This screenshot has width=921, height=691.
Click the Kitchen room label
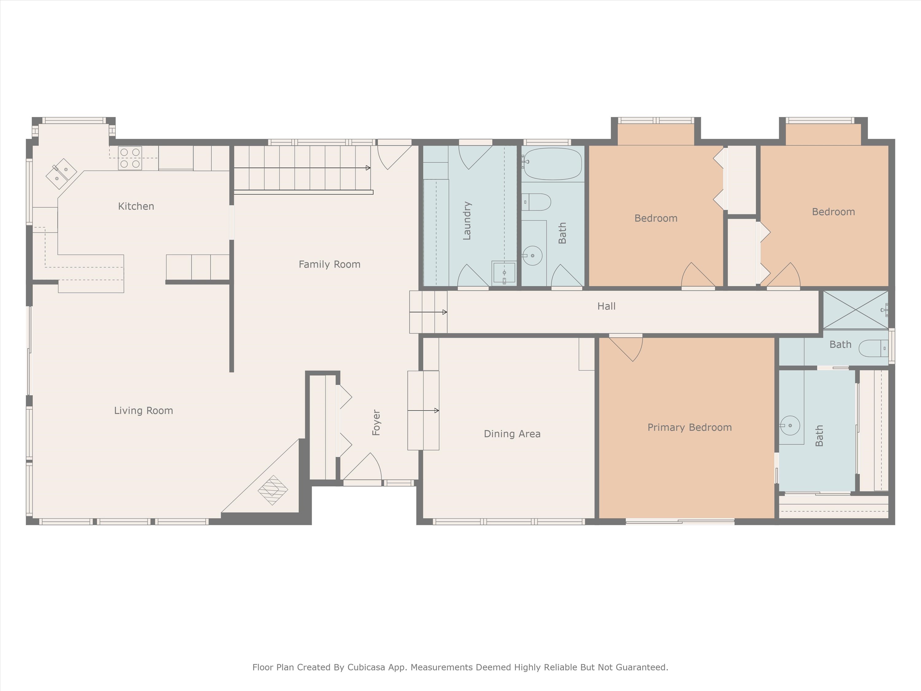click(136, 206)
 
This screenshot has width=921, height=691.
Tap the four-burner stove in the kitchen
click(130, 158)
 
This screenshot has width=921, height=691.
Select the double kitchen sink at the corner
click(61, 174)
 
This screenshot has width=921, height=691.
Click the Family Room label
click(329, 264)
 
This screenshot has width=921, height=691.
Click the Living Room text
click(143, 410)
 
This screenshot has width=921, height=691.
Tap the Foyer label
click(376, 422)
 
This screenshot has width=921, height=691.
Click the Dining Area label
click(512, 434)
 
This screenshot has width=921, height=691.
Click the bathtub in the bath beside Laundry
click(553, 164)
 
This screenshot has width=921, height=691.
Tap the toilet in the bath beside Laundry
click(537, 202)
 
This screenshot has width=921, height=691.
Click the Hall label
click(606, 306)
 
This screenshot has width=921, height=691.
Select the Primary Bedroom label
click(689, 427)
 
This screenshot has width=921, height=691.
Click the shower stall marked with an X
click(855, 310)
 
